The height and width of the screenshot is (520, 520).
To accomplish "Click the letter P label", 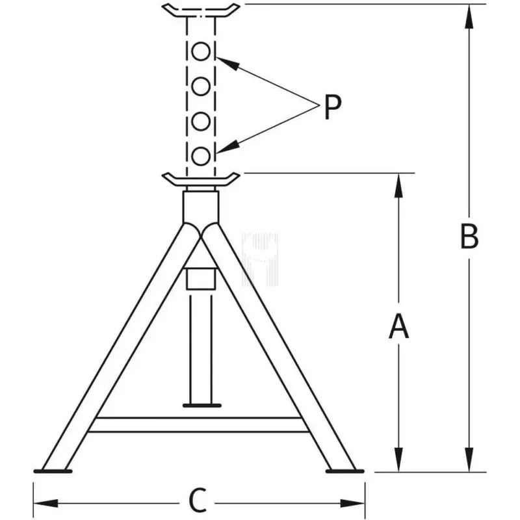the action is tap(332, 107).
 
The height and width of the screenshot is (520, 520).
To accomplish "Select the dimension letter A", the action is tap(398, 327).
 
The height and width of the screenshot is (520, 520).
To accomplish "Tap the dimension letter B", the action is tap(469, 237).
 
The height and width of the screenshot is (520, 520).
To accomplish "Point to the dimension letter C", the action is tap(198, 500).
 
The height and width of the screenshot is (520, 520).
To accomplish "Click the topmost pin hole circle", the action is tap(201, 51).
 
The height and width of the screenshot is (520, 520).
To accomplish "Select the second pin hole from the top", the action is tap(201, 86).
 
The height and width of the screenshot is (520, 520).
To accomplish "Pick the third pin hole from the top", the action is tap(201, 121).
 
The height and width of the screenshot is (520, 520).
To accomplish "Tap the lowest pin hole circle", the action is tap(201, 156).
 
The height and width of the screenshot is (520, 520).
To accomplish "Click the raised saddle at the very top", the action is tap(201, 10).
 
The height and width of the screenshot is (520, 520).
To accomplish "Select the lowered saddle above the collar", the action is tap(201, 179).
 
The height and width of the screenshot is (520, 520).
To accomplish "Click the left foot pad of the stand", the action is tap(53, 471).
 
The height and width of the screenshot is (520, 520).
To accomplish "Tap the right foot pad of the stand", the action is tap(345, 471).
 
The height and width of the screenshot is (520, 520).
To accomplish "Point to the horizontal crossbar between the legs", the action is tap(199, 425).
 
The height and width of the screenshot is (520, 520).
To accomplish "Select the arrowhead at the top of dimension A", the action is tap(398, 186).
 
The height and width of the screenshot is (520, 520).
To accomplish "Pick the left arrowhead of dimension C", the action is tap(45, 503).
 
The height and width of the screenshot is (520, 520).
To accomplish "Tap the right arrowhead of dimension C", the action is tap(352, 503).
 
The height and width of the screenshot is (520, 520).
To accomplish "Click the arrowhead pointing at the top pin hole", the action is tap(227, 64).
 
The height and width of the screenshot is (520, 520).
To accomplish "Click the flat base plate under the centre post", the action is tap(202, 405).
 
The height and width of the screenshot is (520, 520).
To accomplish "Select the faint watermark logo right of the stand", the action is tap(260, 259).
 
